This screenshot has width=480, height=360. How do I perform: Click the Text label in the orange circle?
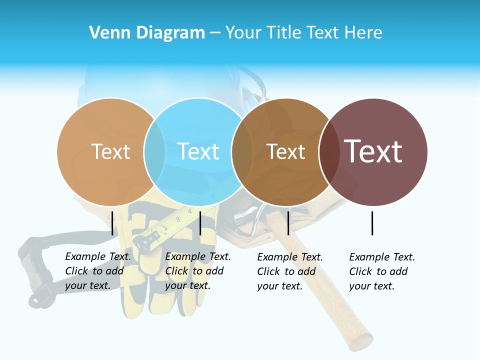(110, 151)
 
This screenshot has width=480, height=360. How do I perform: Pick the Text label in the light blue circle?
(198, 151)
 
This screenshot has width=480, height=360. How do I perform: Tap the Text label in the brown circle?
(285, 151)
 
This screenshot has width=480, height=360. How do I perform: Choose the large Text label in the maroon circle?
(373, 151)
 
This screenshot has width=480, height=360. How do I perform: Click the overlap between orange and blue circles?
(154, 151)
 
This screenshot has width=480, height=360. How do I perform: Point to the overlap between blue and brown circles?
(242, 151)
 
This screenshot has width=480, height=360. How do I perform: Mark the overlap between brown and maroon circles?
(329, 151)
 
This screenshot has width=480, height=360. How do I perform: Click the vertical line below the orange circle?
(112, 223)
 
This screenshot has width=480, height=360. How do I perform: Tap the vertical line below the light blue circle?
(200, 223)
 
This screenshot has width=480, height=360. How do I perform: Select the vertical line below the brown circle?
(288, 223)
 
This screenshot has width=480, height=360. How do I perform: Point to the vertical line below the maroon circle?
(372, 223)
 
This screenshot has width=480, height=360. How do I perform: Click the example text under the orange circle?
(98, 271)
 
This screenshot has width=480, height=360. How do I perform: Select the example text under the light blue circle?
(198, 271)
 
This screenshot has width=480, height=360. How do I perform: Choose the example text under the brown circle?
(290, 271)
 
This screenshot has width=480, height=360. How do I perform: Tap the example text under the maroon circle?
(382, 271)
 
